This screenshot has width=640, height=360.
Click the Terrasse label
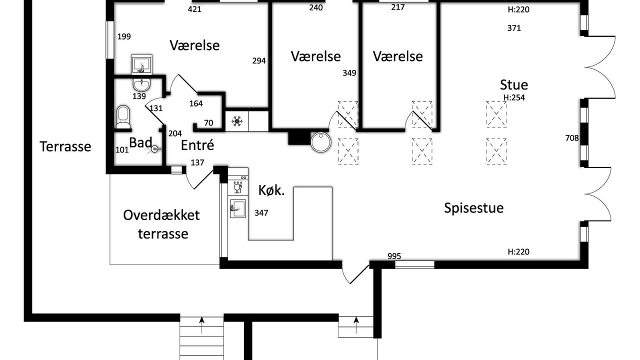pos(65,146)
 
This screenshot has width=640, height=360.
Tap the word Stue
pos(514,85)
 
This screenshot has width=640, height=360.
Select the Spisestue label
pos(473,208)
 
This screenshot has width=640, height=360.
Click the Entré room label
pos(197,145)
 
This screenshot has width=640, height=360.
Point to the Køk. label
pos(271,190)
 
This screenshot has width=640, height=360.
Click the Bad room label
pos(140,142)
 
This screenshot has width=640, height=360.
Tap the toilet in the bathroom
pos(123,117)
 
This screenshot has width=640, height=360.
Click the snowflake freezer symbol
pos(237,121)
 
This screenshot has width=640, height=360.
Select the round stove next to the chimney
pos(321,142)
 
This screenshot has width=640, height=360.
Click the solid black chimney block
pos(299,138)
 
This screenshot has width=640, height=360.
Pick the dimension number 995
pos(394,256)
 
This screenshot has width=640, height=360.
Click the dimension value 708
pos(572,138)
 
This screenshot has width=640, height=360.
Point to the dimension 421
pos(194,9)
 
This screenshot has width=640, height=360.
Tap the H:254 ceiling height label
pos(514,97)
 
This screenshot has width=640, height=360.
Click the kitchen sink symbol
pos(238,208)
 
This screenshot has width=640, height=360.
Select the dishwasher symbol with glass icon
pos(237,187)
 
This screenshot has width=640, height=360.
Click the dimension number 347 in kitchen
pos(261,213)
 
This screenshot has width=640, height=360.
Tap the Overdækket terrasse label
pos(161,224)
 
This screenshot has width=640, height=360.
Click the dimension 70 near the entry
pos(208,123)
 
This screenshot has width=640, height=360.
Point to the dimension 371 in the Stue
pos(514,28)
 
